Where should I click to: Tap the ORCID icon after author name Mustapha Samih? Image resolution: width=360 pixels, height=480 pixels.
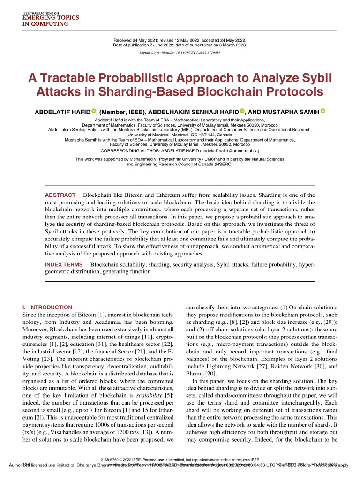point(323,111)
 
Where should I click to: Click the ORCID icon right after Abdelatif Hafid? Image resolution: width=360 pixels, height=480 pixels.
point(93,111)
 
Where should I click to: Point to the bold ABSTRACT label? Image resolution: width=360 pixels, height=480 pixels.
point(60,195)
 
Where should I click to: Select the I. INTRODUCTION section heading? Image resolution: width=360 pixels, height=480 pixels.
point(47,307)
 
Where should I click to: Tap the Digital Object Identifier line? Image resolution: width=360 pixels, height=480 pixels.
point(180,53)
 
